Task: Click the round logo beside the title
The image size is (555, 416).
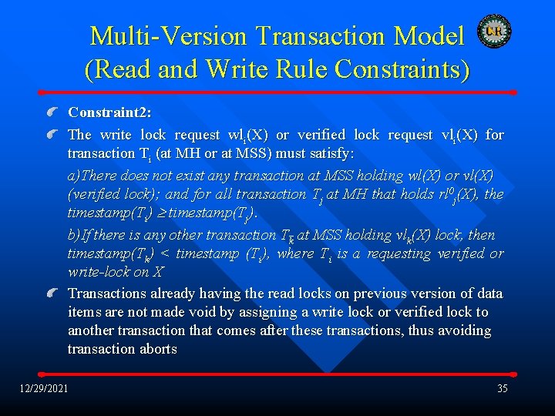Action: [494, 31]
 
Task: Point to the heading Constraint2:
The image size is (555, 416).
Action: [109, 112]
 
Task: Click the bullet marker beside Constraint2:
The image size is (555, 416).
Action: [52, 112]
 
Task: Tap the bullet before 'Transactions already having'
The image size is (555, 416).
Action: [52, 294]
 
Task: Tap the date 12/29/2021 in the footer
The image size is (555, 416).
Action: [44, 388]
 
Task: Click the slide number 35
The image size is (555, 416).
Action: [502, 388]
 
